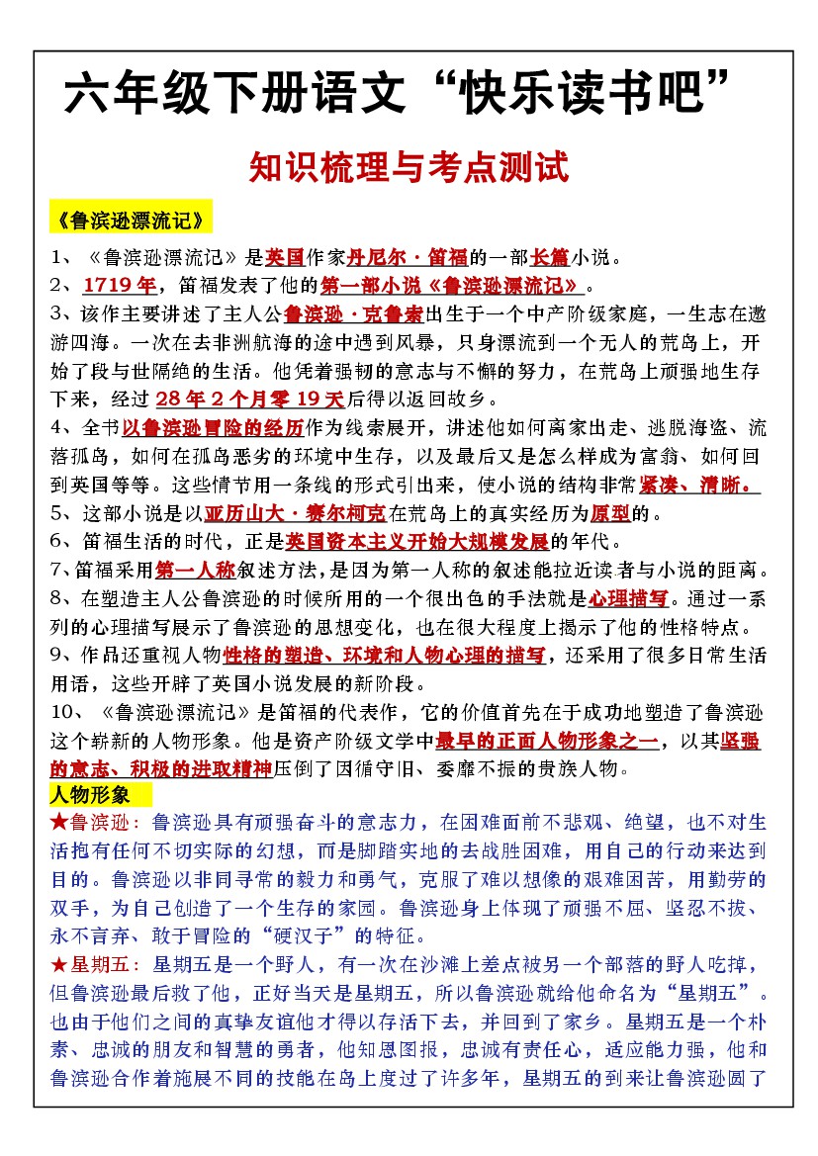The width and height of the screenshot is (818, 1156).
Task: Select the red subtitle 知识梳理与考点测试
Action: click(x=409, y=167)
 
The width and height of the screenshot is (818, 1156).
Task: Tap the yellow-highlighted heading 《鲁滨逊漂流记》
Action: click(x=130, y=218)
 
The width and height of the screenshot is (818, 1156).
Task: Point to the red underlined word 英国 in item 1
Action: click(x=285, y=259)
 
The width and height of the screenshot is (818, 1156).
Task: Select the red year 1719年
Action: click(x=119, y=287)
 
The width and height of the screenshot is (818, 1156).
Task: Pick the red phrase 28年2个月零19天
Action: click(x=249, y=400)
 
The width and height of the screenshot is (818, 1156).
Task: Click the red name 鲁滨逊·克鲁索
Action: click(x=353, y=315)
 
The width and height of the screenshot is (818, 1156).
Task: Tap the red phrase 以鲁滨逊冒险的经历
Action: click(x=212, y=428)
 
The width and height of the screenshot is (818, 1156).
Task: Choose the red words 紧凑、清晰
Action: click(x=699, y=485)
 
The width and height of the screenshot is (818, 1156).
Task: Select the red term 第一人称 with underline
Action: click(x=195, y=570)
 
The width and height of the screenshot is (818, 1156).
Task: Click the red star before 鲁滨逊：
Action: click(x=57, y=823)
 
